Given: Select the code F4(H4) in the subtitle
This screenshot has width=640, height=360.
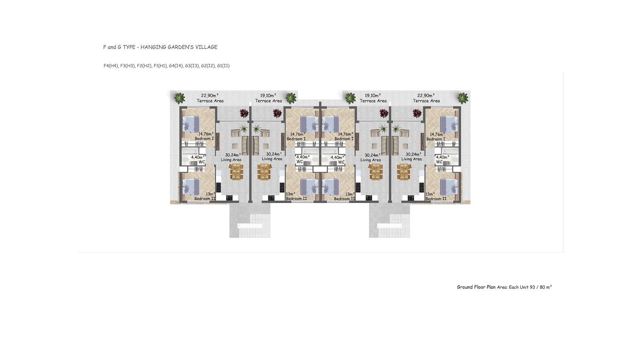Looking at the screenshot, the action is pos(111,66).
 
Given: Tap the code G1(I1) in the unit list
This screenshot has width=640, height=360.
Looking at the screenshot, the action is pos(223,66).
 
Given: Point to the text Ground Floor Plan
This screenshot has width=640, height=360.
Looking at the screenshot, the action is pos(476,287).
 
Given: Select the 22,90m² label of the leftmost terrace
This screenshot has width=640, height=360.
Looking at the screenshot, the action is pos(210,95).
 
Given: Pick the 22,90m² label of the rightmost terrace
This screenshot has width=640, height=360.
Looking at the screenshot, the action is pos(426,95).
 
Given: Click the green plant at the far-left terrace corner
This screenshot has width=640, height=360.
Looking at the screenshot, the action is pos(180,98).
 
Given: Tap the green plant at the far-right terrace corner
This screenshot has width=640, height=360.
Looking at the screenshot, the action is pos(463,98).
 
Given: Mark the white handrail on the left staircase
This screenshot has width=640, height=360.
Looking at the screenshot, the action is pos(250,226).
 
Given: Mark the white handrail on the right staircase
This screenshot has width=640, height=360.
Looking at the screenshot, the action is pos(390,226).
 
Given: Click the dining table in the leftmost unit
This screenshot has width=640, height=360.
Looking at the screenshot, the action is pos(236,172).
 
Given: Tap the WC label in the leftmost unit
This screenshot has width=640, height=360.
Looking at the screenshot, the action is pos(202,162).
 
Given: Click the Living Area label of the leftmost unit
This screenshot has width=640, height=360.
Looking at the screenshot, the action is pos(231,160).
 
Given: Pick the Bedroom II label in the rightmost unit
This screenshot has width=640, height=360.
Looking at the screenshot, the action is pos(436,199).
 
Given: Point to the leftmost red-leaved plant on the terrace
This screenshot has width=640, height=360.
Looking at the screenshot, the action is pos(244,113).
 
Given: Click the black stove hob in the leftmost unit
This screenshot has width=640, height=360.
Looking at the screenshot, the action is pos(229,198).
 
